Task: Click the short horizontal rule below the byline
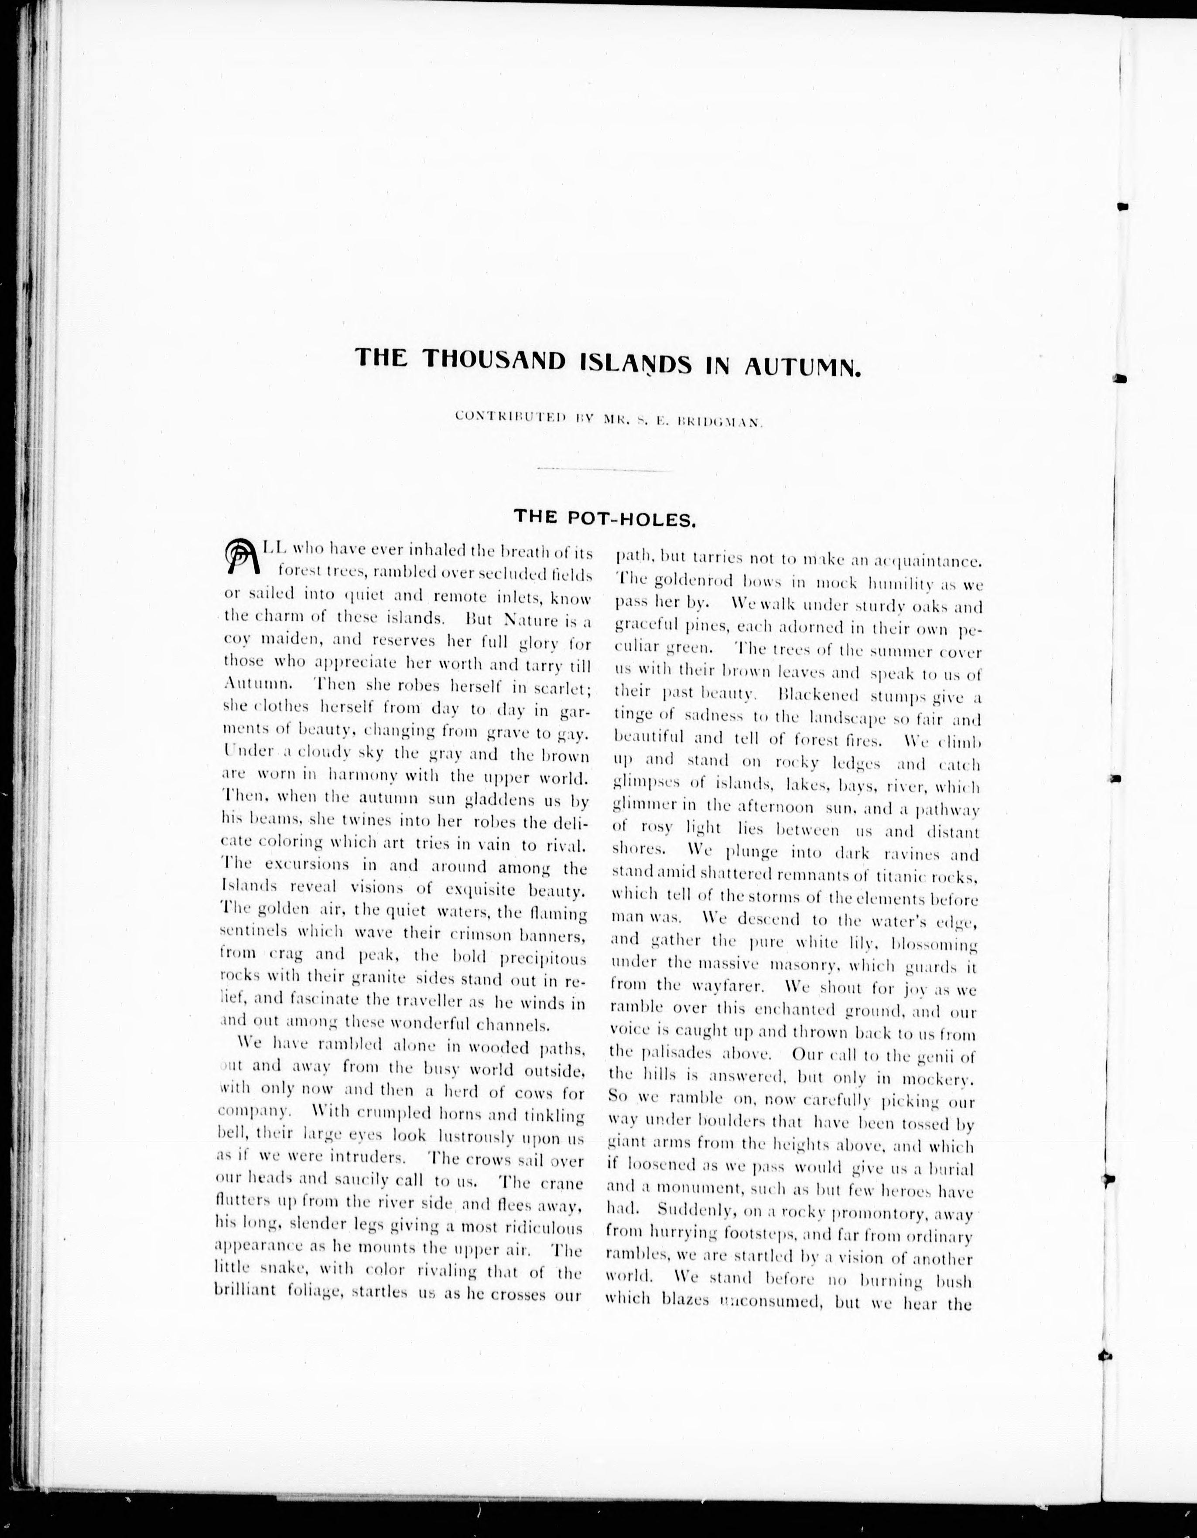(x=604, y=469)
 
